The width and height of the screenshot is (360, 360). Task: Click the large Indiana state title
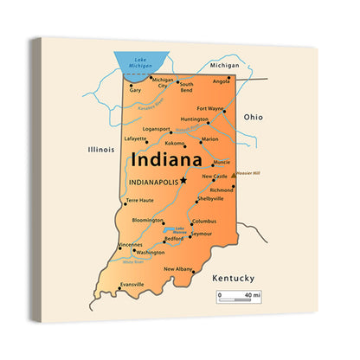coord(167,159)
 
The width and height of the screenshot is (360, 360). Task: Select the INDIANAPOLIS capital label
coord(151,183)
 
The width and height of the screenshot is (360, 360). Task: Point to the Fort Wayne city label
coord(210,109)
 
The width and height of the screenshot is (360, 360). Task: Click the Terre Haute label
coord(139,201)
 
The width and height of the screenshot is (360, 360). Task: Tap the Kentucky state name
coord(233,278)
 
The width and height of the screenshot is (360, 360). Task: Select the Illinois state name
coord(101,149)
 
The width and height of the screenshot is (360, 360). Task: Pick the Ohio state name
coord(253,115)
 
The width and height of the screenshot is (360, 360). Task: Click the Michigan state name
coord(224,65)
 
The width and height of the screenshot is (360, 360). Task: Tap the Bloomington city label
coord(148,220)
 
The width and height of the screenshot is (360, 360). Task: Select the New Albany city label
coord(178,269)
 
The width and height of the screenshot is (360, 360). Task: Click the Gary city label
coord(135,89)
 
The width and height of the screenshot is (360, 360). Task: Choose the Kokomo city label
coord(176,144)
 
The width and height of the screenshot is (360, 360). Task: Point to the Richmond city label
coord(222,190)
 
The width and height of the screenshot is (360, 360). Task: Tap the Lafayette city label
coord(135,138)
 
